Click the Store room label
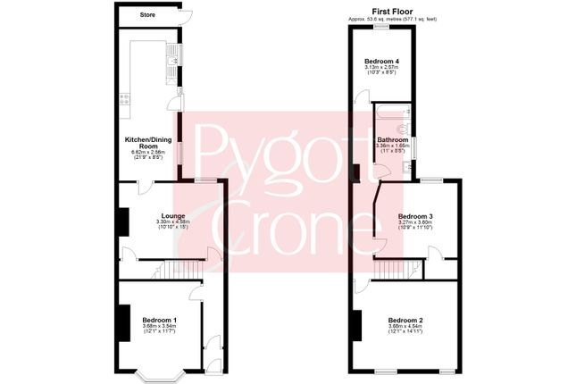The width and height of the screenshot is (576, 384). [x=138, y=14]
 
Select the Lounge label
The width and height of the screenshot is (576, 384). [x=172, y=215]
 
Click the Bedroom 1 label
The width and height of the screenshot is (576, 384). [x=160, y=320]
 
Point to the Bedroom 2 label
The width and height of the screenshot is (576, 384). [x=405, y=320]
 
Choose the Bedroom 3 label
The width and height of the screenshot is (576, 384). [x=415, y=216]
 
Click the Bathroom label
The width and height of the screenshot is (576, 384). [x=392, y=140]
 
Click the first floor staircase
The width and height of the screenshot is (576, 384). [x=394, y=269]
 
